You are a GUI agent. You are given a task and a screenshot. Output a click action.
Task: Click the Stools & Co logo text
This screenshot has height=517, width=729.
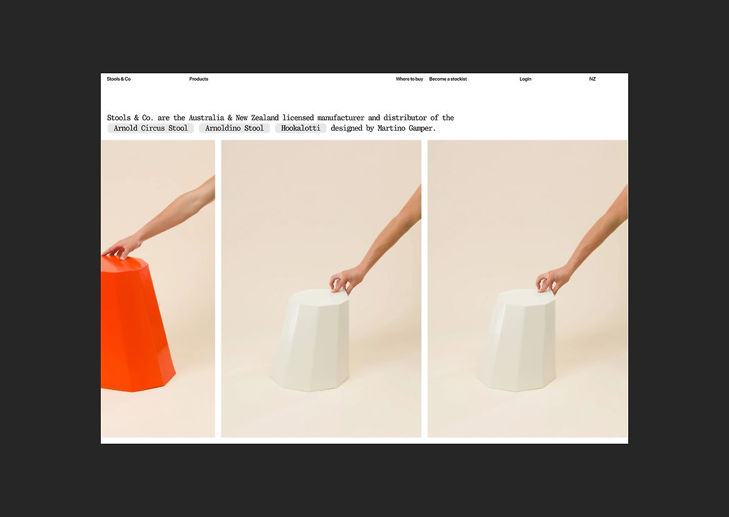(x=118, y=79)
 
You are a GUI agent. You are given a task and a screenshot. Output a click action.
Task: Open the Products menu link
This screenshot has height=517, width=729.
(x=198, y=79)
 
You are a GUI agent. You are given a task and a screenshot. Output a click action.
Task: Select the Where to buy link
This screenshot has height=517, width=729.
(x=409, y=79)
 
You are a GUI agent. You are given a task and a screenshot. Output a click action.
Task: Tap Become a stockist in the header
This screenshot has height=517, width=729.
(x=447, y=79)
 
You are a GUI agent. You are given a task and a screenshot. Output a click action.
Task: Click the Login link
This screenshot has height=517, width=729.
(x=526, y=79)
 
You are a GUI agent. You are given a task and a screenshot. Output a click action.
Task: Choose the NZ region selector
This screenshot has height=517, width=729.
(x=593, y=79)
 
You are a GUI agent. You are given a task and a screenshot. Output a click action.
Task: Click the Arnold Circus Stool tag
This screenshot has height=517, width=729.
(x=151, y=128)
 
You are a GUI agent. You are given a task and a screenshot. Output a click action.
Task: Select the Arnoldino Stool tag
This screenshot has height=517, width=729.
(x=234, y=128)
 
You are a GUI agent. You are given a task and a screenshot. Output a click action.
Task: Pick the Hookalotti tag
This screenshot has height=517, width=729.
(x=300, y=128)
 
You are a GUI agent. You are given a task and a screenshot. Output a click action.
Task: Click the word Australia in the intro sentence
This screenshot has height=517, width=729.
(x=206, y=118)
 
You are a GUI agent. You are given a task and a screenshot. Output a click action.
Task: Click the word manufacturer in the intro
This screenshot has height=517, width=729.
(x=341, y=118)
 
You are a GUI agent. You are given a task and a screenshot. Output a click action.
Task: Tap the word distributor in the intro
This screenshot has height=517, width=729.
(x=405, y=118)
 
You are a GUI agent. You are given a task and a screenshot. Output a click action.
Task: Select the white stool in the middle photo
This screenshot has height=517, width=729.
(x=310, y=340)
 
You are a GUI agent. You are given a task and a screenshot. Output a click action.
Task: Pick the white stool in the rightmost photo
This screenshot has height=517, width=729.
(x=517, y=340)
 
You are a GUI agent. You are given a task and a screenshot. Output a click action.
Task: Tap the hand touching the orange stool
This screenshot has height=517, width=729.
(x=122, y=247)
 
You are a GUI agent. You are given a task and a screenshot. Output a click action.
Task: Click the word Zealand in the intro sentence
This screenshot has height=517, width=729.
(x=265, y=118)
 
